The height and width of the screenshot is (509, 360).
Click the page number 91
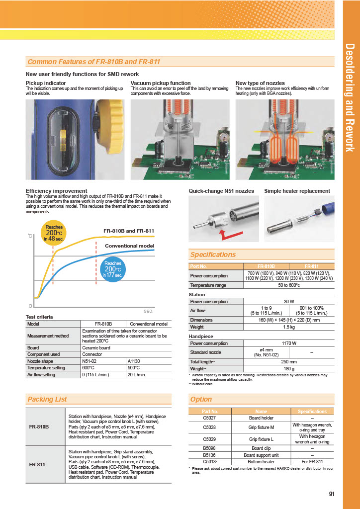332,494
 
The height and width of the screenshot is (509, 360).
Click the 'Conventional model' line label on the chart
129,246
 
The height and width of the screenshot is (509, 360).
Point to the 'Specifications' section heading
213,255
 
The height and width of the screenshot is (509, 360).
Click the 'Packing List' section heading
47,399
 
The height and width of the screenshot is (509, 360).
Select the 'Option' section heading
201,399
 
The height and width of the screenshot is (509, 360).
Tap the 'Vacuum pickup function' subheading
161,83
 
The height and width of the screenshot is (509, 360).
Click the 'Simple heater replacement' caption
297,191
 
